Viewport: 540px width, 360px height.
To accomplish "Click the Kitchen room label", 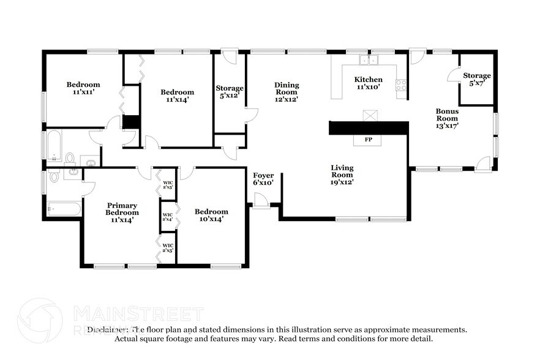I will (369, 80).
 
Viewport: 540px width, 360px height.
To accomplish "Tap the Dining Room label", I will (286, 92).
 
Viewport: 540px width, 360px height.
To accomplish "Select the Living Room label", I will (342, 174).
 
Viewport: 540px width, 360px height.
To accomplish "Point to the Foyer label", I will (263, 179).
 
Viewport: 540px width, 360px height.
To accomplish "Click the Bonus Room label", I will (447, 118).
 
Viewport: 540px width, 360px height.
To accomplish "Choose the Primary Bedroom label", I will (122, 212).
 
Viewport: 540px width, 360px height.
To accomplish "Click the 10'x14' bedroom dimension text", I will (211, 219).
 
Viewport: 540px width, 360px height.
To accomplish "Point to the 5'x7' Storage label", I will (476, 79).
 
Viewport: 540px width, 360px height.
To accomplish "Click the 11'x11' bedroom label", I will (83, 88).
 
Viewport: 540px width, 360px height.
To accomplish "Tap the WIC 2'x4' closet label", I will (168, 216).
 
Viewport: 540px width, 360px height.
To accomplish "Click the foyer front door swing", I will (261, 200).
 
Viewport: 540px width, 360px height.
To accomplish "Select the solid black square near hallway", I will (130, 121).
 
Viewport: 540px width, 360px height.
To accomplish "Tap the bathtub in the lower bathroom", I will (63, 209).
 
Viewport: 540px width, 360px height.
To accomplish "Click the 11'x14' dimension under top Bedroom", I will (178, 100).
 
